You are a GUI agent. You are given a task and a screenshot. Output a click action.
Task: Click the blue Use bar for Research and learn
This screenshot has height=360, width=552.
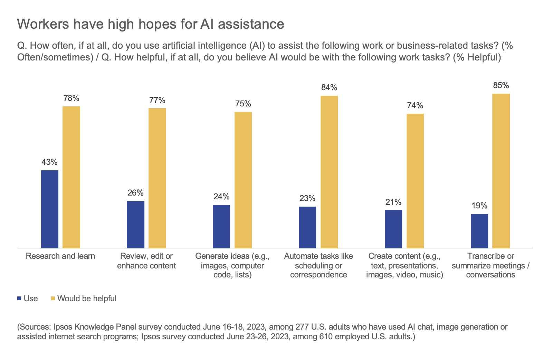50,209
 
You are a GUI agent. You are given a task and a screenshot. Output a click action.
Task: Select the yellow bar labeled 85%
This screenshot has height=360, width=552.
501,171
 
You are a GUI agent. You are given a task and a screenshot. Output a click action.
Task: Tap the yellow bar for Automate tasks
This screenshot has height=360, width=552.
329,172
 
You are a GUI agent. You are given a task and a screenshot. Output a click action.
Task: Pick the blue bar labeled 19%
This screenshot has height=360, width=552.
479,231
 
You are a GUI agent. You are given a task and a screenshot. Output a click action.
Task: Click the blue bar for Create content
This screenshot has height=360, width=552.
393,229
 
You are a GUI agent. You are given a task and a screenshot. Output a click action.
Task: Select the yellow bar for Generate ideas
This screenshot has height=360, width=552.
243,180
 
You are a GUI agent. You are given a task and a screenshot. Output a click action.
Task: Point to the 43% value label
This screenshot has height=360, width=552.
49,162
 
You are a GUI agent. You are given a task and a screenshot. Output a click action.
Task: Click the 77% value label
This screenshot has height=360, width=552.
157,100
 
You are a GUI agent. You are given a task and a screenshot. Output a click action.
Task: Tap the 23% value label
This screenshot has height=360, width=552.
307,198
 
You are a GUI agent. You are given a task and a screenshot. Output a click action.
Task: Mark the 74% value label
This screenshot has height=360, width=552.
415,105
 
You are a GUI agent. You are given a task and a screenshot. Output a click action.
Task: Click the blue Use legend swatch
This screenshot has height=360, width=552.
19,298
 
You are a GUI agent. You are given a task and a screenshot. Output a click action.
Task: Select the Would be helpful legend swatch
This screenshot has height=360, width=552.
53,298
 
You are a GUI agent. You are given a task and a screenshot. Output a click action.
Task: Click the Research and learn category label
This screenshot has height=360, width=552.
60,256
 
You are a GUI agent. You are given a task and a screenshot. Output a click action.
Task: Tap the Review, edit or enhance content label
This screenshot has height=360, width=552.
146,261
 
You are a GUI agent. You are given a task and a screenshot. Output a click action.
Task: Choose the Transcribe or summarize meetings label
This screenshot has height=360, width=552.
491,265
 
